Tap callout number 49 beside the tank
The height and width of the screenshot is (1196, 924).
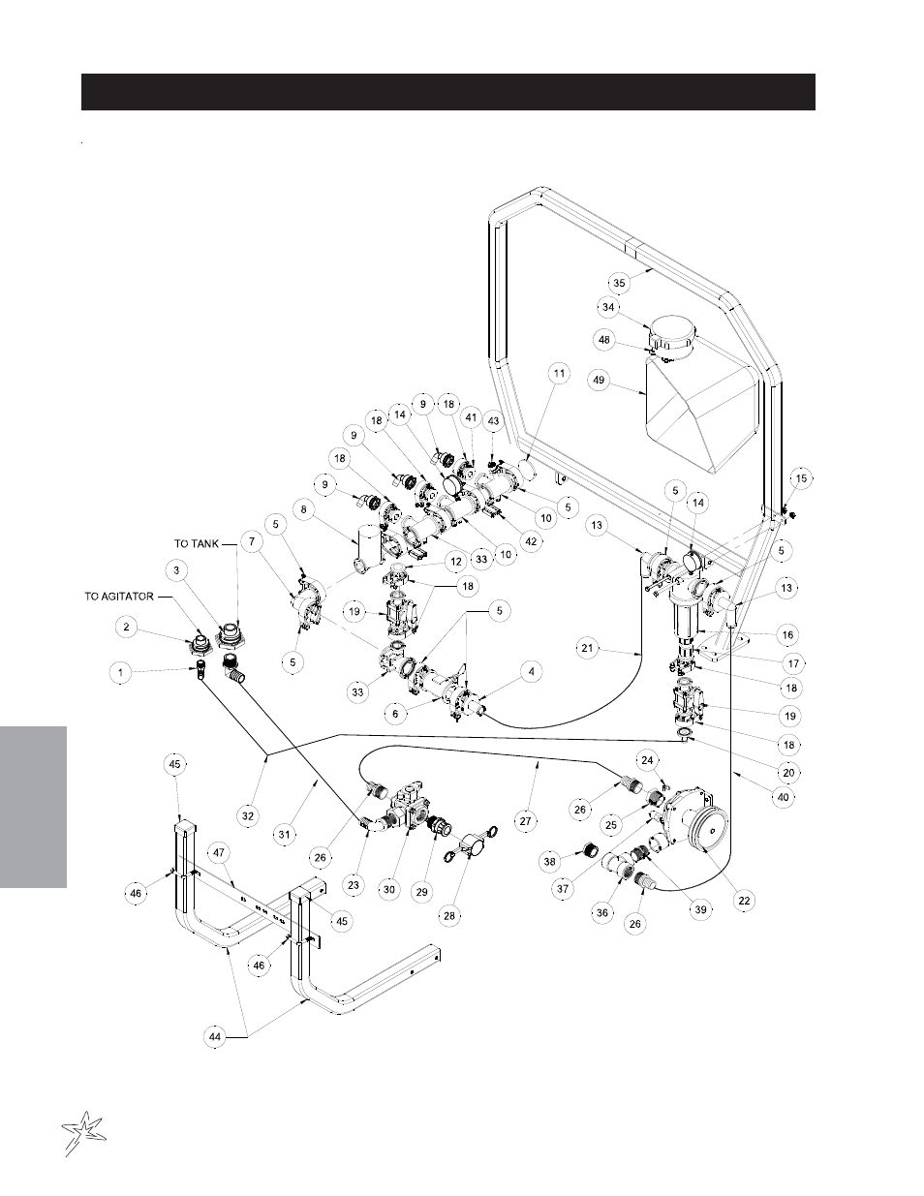coord(599,381)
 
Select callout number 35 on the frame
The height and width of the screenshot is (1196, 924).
coord(619,282)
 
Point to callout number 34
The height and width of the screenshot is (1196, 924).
coord(608,307)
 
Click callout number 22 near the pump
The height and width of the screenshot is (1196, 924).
coord(744,900)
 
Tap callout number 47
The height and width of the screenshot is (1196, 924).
coord(220,853)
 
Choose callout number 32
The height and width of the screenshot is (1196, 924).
coord(248,815)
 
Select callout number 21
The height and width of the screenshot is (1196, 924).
coord(587,649)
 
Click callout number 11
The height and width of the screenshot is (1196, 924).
coord(558,372)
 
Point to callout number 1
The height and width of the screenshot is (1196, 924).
coord(121,670)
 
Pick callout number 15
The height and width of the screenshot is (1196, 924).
coord(800,478)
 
